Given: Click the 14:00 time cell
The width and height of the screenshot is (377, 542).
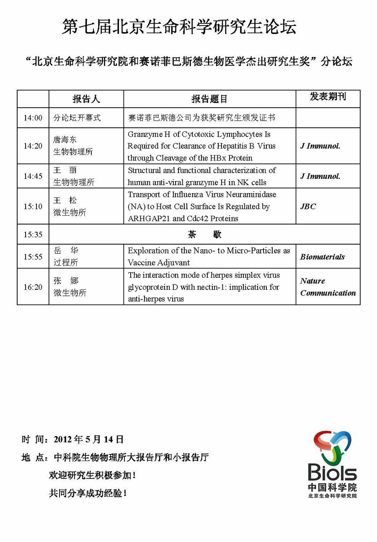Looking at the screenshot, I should (33, 118).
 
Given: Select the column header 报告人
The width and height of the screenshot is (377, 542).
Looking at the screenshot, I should (86, 99).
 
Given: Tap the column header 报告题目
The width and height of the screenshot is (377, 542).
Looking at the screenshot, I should (209, 99).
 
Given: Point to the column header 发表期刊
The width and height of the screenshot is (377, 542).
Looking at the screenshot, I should (328, 97).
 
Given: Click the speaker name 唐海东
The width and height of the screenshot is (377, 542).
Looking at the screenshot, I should (65, 140).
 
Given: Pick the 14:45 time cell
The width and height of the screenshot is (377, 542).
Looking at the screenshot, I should (33, 176).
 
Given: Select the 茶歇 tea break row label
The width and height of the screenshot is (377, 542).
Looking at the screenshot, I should (204, 235).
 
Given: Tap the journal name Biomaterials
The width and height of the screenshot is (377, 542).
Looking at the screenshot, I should (322, 257).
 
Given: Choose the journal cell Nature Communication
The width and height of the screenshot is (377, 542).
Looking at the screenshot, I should (328, 287).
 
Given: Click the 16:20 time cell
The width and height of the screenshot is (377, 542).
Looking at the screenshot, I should (33, 287).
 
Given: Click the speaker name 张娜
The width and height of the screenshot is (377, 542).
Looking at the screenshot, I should (66, 281).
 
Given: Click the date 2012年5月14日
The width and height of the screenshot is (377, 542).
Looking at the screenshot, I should (89, 440).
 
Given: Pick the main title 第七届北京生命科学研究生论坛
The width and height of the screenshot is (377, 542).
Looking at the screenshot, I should (179, 27).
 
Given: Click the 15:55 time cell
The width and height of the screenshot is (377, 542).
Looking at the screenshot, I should (33, 257).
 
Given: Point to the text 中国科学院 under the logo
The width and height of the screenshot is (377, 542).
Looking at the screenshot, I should (332, 488).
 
